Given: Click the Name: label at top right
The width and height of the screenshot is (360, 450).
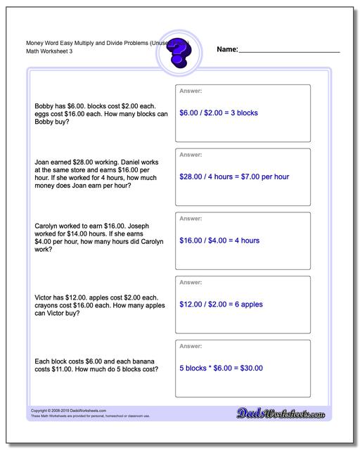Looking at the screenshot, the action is (227, 50).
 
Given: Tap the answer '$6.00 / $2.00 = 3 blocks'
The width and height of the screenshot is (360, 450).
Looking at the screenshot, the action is (219, 112).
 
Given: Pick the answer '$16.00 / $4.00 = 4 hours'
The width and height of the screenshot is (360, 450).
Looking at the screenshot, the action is (219, 240).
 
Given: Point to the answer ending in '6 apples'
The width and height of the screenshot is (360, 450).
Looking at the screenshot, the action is (220, 304).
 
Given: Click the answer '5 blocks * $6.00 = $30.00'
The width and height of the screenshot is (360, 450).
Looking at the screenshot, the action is (221, 368).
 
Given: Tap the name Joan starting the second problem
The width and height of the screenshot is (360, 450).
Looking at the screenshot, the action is (42, 162).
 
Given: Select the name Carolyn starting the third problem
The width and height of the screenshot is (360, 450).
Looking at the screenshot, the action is (46, 226).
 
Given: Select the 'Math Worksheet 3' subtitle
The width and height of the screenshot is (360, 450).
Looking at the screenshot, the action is (39, 52).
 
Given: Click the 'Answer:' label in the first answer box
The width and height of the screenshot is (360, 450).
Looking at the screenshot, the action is (191, 91).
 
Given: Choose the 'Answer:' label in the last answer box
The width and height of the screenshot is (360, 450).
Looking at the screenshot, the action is (191, 346).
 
